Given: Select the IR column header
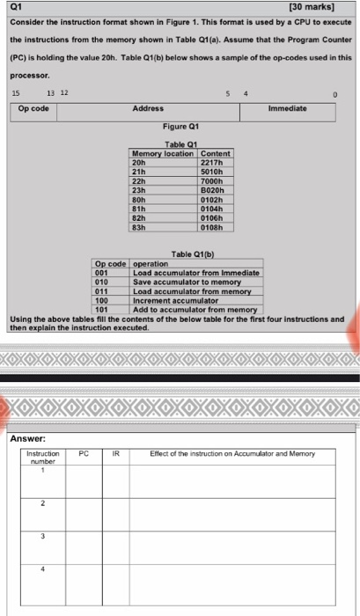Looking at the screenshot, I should click(115, 455).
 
